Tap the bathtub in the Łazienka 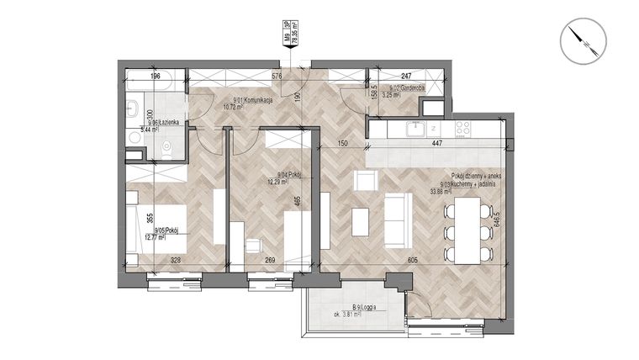[x=156, y=85]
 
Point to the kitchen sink [x=415, y=129]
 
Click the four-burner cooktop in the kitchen [x=462, y=129]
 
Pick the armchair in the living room [x=366, y=181]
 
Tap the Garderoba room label [x=406, y=88]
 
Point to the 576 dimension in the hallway [x=251, y=77]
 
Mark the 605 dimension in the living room [x=413, y=260]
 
